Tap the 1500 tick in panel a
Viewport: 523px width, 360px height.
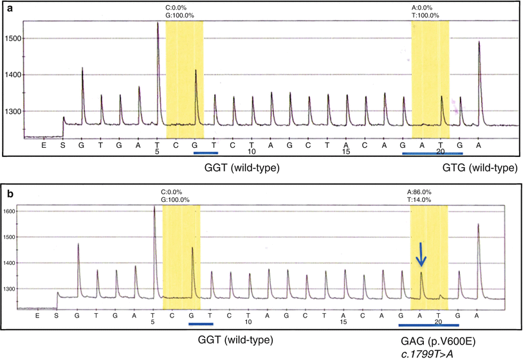pos(12,39)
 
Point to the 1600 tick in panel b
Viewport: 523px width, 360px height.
pos(10,211)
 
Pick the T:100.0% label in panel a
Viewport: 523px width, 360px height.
pos(425,15)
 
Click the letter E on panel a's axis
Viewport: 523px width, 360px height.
pos(44,145)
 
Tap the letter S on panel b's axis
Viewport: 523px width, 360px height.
pos(57,316)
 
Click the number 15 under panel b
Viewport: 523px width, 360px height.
pos(345,323)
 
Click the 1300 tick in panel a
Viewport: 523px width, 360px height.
pos(12,111)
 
